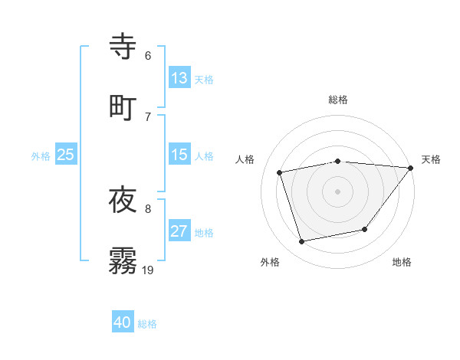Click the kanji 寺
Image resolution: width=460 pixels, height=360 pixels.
(x=123, y=46)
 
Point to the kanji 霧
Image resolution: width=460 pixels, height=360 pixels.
(x=123, y=259)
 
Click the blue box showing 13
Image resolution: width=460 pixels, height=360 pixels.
(x=179, y=78)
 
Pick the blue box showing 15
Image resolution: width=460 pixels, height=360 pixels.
(x=179, y=155)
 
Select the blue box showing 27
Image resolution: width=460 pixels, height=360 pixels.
(x=179, y=231)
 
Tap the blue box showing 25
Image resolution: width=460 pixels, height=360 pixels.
(x=65, y=155)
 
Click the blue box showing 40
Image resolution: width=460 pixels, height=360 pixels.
(x=122, y=323)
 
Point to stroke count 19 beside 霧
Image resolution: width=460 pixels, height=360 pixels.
(x=148, y=270)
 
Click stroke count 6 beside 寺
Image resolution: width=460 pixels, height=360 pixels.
(x=148, y=56)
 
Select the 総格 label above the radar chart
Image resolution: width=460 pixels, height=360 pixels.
(x=337, y=100)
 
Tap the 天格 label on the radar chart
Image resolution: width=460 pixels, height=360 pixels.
(x=431, y=159)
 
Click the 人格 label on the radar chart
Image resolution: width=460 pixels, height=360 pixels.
(x=245, y=159)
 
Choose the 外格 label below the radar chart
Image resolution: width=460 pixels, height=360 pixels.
(x=269, y=263)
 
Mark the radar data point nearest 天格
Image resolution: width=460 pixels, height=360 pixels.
(x=412, y=167)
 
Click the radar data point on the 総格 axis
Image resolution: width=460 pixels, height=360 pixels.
(x=337, y=161)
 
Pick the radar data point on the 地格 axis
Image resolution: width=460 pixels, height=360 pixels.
(x=365, y=229)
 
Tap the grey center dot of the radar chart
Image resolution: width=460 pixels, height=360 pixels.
(x=337, y=191)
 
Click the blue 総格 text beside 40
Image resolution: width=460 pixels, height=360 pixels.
(x=147, y=324)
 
